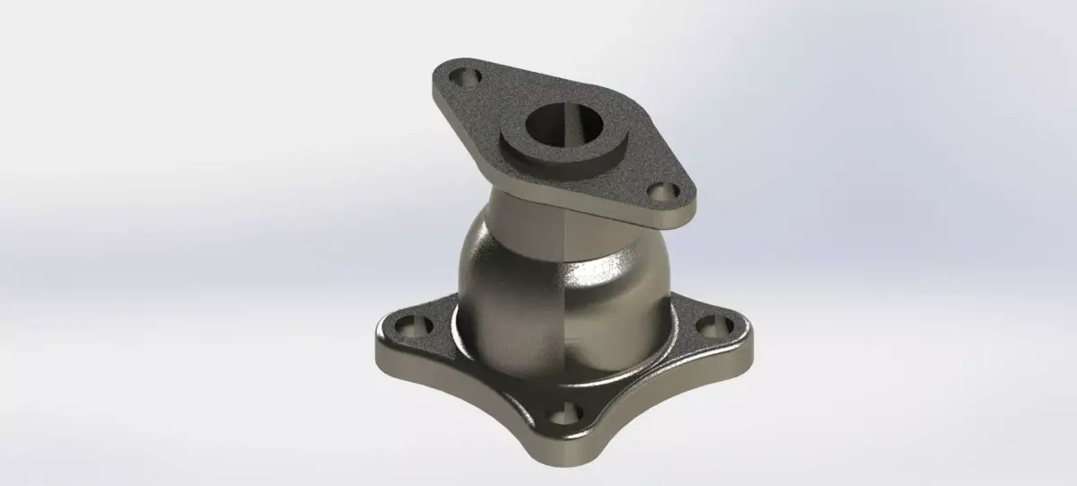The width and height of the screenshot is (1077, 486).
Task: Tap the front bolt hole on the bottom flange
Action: tap(564, 416)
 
